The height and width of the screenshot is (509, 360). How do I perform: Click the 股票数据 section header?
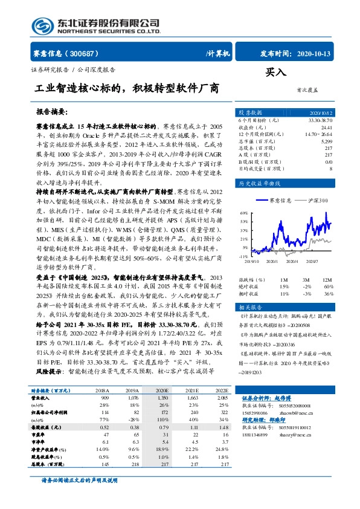click(x=249, y=112)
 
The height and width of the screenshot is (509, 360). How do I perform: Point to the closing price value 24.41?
click(x=326, y=128)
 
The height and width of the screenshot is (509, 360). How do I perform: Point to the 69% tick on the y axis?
click(x=245, y=213)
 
